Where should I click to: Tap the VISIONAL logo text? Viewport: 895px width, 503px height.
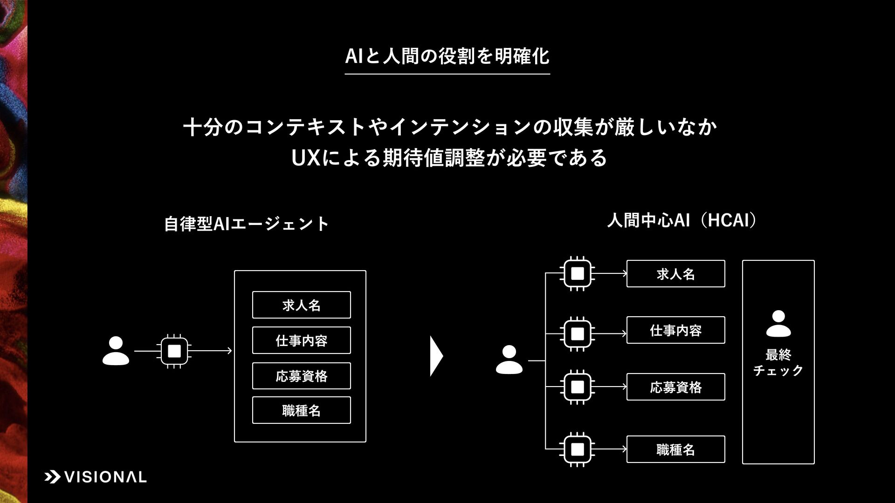click(x=105, y=477)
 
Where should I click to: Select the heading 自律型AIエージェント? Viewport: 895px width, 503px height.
click(x=247, y=224)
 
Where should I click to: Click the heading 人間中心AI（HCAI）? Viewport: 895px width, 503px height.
click(x=682, y=220)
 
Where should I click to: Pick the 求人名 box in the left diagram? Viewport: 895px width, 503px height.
click(x=301, y=305)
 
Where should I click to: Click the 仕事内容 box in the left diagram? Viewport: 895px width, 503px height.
click(x=301, y=340)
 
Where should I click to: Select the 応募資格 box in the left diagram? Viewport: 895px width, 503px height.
click(x=301, y=376)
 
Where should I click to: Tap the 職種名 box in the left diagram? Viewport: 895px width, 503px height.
click(x=301, y=410)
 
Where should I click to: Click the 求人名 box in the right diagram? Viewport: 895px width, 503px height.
click(x=675, y=274)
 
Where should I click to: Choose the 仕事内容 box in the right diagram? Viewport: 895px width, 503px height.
click(x=675, y=330)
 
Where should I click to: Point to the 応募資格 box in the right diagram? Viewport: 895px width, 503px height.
click(x=675, y=387)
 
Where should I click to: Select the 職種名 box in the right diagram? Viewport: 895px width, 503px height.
click(x=675, y=449)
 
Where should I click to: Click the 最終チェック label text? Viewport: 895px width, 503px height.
click(x=778, y=362)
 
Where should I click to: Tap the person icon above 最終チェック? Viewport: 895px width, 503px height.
click(x=778, y=324)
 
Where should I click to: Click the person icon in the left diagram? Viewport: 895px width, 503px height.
click(x=116, y=351)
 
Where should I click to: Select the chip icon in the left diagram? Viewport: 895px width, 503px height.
click(x=174, y=351)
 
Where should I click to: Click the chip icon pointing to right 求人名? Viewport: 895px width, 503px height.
click(x=577, y=273)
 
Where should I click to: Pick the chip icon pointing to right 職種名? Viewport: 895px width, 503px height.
click(x=577, y=449)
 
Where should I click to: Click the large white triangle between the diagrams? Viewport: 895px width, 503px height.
click(x=436, y=356)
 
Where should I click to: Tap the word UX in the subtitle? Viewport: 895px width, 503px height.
click(x=305, y=158)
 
